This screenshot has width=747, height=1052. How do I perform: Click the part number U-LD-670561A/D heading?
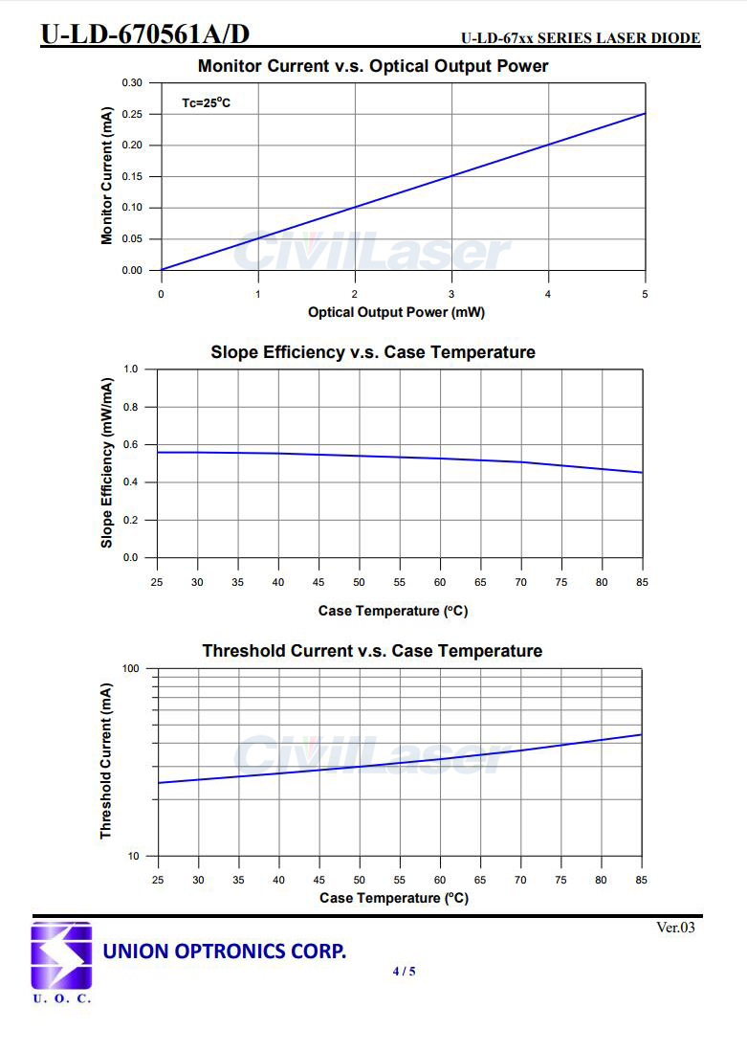tap(144, 34)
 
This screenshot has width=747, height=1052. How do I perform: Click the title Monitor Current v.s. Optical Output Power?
tap(373, 66)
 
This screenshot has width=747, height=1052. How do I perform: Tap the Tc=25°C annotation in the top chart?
tap(207, 102)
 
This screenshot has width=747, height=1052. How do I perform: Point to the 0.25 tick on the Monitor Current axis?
tap(131, 115)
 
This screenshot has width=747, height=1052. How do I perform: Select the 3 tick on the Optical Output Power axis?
tap(451, 294)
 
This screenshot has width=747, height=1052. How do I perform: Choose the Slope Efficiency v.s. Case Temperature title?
tap(373, 352)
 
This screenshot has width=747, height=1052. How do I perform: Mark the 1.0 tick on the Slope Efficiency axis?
tap(131, 369)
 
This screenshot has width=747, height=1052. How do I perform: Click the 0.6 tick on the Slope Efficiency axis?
tap(131, 445)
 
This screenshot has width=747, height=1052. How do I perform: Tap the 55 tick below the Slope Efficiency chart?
tap(400, 582)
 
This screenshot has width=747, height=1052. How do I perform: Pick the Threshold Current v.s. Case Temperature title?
tap(372, 651)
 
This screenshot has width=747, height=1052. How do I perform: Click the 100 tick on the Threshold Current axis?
tap(130, 668)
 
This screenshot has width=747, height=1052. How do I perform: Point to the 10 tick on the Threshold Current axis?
tap(133, 857)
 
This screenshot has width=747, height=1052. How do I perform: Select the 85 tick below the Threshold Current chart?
tap(641, 880)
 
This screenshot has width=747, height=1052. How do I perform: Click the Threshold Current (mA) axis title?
tap(106, 762)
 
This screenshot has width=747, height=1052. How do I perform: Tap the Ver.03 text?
tap(675, 928)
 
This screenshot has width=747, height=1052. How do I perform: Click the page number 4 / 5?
tap(404, 972)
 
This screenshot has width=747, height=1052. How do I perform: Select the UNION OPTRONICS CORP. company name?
tap(224, 951)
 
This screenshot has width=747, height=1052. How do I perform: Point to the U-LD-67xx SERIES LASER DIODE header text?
tap(581, 39)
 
